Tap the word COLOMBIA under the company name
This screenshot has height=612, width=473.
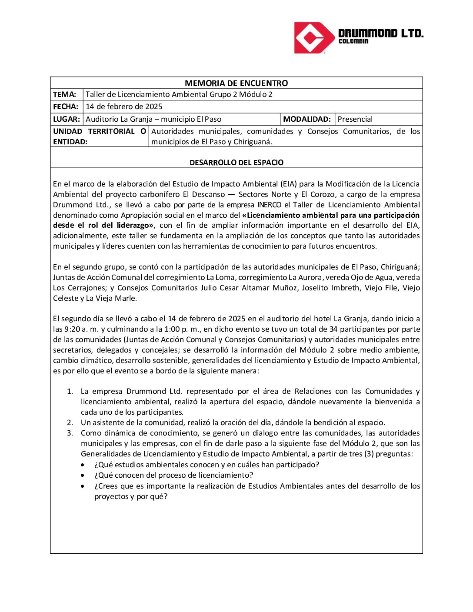click(x=353, y=41)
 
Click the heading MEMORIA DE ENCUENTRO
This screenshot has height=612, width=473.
click(x=236, y=83)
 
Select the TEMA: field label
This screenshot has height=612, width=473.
click(x=65, y=95)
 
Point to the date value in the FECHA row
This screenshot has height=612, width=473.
click(x=124, y=107)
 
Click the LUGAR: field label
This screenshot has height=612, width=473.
click(x=67, y=119)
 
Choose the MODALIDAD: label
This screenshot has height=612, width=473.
click(x=307, y=119)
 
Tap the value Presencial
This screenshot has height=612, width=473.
click(x=355, y=119)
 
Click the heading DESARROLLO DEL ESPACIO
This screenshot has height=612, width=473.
click(x=236, y=163)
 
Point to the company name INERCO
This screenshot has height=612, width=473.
click(x=270, y=205)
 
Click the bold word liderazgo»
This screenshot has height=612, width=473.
click(x=135, y=226)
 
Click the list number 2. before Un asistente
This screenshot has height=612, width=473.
click(x=70, y=423)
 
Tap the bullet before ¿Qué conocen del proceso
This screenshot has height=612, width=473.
click(x=83, y=476)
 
